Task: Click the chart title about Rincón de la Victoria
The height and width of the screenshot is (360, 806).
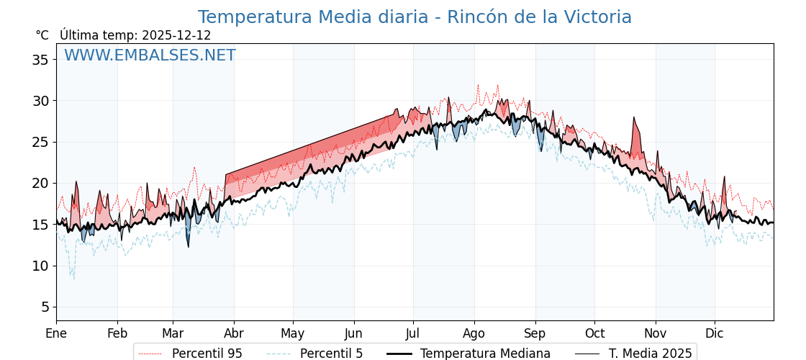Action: [415, 17]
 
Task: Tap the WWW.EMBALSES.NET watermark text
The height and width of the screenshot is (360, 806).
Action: [150, 55]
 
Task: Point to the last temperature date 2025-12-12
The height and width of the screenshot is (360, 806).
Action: [176, 35]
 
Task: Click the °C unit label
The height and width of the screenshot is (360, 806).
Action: [42, 35]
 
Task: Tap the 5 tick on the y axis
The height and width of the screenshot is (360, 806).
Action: [45, 307]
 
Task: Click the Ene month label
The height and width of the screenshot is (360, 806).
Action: [56, 333]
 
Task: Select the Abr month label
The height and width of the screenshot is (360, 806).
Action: [233, 333]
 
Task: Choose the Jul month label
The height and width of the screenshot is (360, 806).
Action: [413, 333]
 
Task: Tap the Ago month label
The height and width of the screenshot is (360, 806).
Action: [474, 333]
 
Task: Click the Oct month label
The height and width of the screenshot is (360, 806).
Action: [594, 333]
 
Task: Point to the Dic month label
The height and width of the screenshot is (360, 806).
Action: [715, 333]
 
